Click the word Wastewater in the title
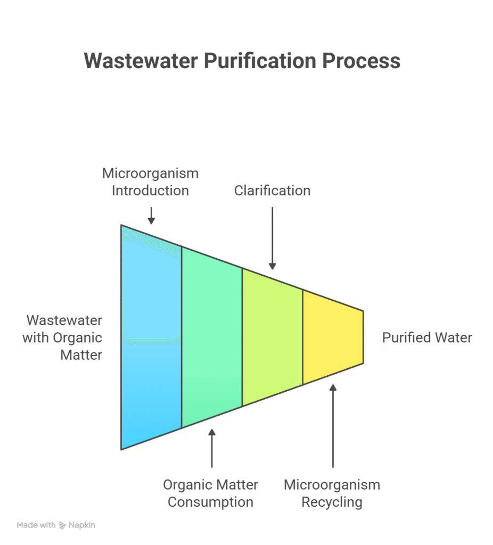(x=141, y=61)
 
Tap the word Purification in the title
(x=260, y=61)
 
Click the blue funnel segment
(x=152, y=337)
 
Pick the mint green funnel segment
(x=212, y=337)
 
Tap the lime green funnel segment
(x=272, y=337)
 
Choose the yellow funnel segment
(x=332, y=337)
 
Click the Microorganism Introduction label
(x=151, y=182)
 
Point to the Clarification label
(x=272, y=191)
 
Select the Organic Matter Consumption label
(x=210, y=493)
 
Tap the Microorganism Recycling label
(x=332, y=493)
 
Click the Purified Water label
(x=427, y=337)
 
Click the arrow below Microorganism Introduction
(x=151, y=215)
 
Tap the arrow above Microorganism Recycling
(x=333, y=426)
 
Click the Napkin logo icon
(x=62, y=525)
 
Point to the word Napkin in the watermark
(x=81, y=525)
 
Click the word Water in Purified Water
(x=453, y=337)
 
